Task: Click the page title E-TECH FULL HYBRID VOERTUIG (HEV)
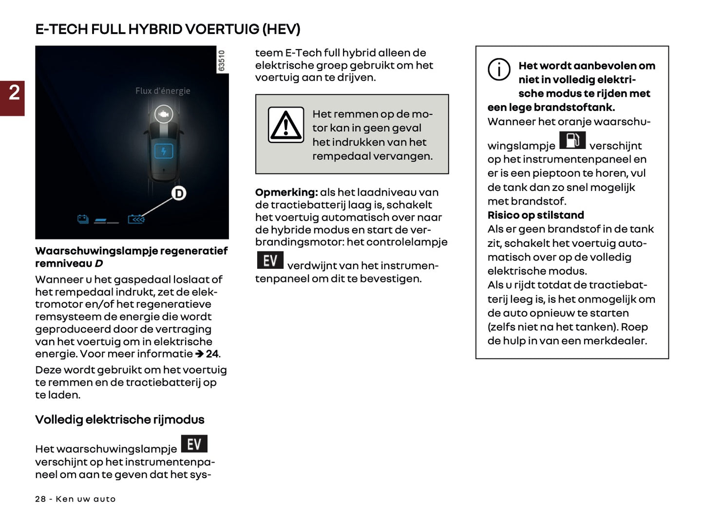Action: tap(168, 29)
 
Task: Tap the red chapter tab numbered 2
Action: tap(13, 98)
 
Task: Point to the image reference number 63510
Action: tap(222, 60)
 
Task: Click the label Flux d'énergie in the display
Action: tap(163, 91)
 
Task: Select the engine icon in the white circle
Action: tap(164, 114)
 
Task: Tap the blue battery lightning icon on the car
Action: tap(163, 151)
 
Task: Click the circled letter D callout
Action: tap(179, 194)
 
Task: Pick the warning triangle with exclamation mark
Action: tap(286, 125)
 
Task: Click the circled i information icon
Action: tap(499, 70)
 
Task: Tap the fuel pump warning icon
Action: tap(572, 140)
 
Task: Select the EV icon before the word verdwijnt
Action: tap(270, 260)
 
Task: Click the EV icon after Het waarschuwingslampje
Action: tap(194, 444)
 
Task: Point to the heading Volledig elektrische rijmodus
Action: tap(119, 420)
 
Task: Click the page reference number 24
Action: tap(212, 354)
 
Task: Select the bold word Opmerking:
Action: tap(286, 192)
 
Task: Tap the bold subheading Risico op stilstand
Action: tap(535, 215)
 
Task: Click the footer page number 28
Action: tap(40, 499)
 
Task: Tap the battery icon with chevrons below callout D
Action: tap(136, 220)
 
